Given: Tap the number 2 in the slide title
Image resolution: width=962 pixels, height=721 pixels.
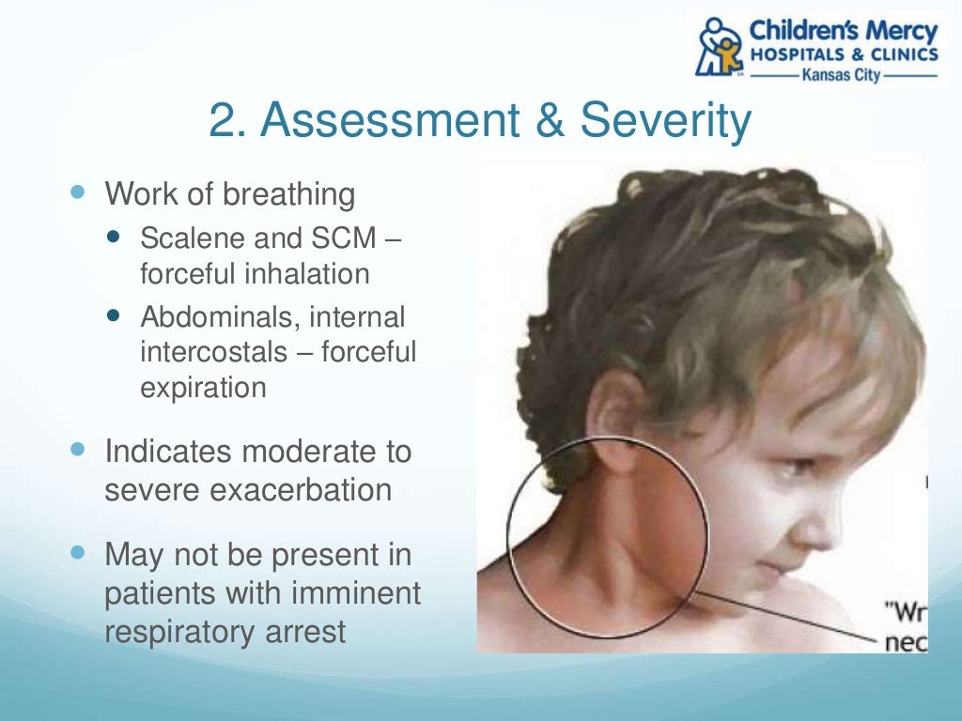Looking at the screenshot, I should pos(226,122).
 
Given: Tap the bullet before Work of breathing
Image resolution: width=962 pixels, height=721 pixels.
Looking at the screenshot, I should pos(78,192).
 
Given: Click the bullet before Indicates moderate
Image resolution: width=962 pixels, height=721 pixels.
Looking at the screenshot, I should pos(78,449).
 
